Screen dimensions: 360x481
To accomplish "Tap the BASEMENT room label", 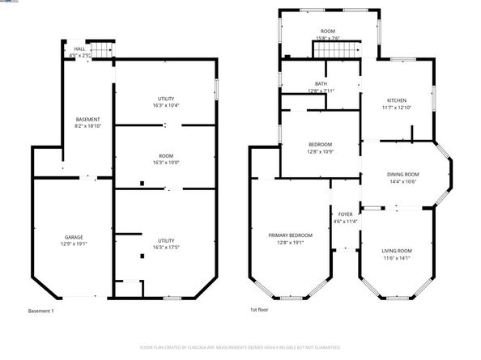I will point(87,120).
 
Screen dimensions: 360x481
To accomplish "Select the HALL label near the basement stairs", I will point(79,49).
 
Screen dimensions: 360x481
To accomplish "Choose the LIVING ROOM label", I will point(397,251).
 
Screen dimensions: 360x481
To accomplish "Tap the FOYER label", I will point(346,214).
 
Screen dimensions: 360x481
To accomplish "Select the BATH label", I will point(321,83).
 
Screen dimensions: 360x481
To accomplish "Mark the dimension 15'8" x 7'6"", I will point(328,38).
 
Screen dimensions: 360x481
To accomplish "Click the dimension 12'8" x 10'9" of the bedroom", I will point(320,152).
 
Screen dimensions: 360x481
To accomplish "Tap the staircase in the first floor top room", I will point(335,50).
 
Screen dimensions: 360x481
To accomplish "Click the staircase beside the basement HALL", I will point(100,50).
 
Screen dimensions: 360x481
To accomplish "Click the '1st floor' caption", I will point(258,309).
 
